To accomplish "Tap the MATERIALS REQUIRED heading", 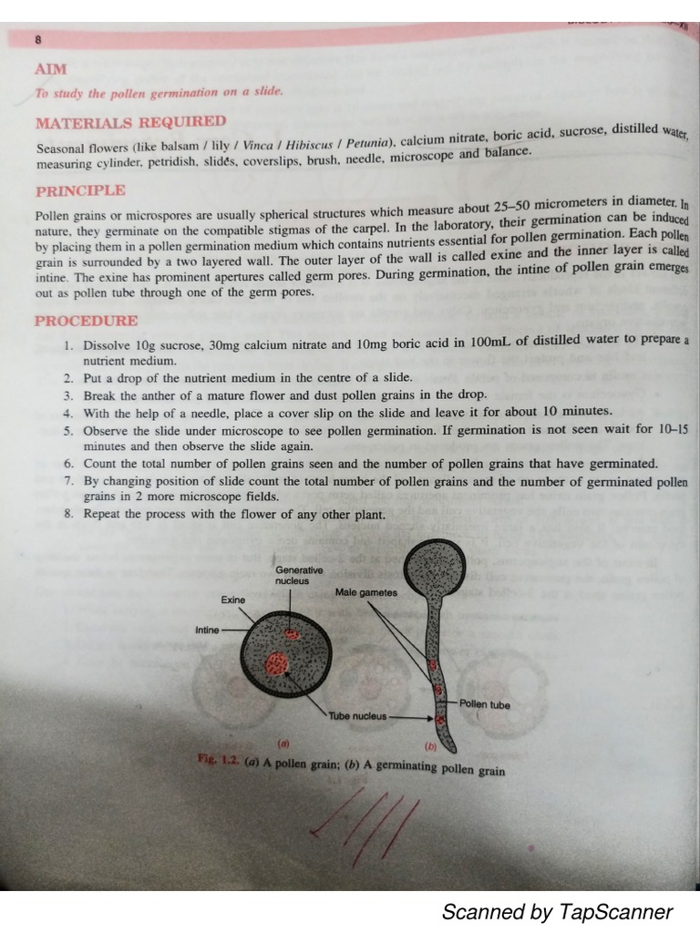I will pos(130,122).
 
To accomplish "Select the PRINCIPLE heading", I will pos(80,191).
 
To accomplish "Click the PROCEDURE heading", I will pos(87,321).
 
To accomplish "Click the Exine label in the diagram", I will pos(233,600).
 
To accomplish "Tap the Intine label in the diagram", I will pos(207,630).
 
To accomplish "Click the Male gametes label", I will pos(366,593).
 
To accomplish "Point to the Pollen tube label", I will pos(485,704).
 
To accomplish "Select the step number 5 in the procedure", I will pos(69,430).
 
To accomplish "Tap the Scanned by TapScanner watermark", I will pos(557,911).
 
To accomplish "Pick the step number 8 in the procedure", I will pos(69,514).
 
